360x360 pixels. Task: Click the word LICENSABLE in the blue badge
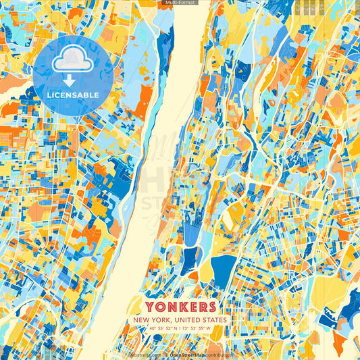tap(73, 95)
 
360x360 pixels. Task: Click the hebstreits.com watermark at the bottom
tap(143, 354)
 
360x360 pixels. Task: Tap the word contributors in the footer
tap(218, 354)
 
